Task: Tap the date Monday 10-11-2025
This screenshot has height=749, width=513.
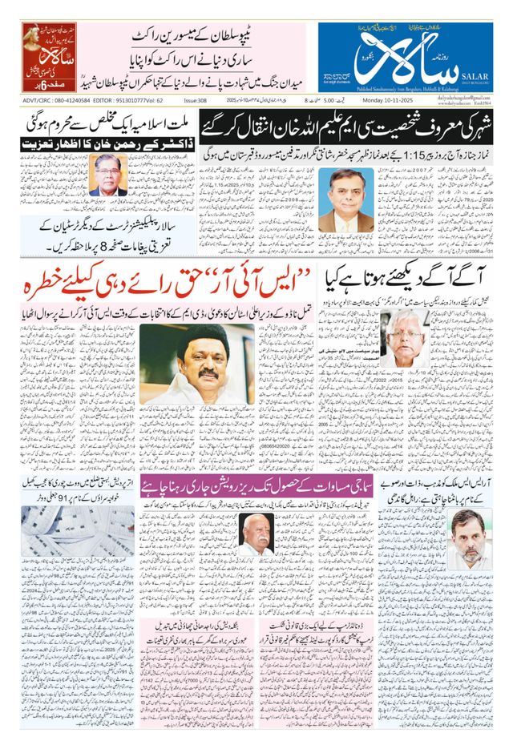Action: point(390,101)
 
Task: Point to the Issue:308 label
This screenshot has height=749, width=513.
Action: point(196,101)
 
